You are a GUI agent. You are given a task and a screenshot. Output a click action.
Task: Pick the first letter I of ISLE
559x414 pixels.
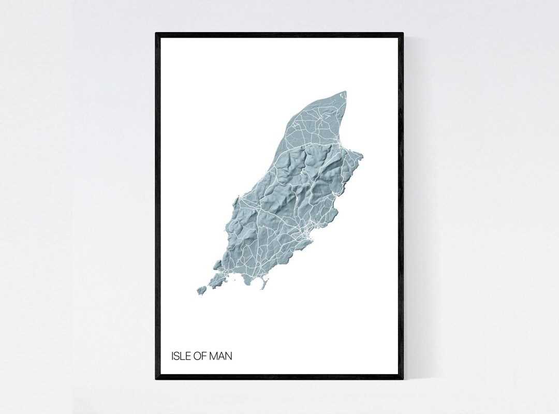pos(172,356)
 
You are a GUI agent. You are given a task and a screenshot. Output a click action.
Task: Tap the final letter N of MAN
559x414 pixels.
pos(229,356)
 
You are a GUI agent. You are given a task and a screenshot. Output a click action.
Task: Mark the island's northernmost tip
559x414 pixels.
pos(345,93)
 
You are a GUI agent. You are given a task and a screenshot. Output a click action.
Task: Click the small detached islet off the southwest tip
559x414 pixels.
pos(201,290)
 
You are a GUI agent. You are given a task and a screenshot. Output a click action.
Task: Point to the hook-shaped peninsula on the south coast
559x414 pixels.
pos(264,283)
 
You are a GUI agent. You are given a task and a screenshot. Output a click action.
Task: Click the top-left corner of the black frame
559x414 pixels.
pos(157,34)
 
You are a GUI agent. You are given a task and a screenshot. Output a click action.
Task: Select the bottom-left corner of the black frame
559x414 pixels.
pos(157,378)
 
